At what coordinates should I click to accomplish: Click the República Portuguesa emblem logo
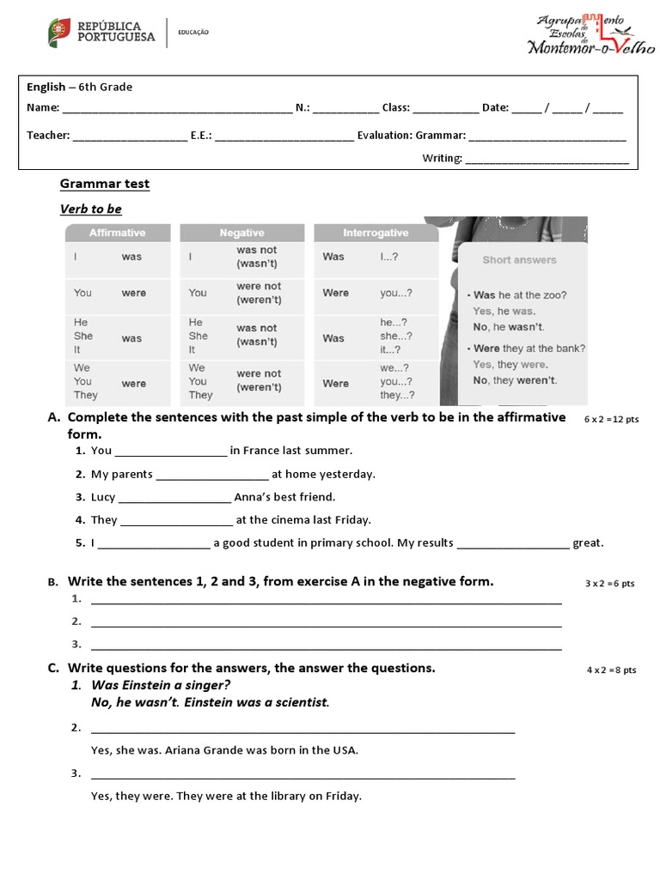click(59, 33)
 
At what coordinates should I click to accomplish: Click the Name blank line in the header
click(177, 109)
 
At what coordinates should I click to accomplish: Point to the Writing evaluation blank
click(547, 159)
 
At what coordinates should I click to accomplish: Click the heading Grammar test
click(104, 184)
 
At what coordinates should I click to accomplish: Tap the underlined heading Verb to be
click(91, 209)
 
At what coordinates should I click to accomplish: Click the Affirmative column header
click(118, 233)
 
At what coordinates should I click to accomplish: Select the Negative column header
click(242, 233)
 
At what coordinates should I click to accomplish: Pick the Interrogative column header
click(376, 233)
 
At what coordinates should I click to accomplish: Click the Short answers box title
click(519, 260)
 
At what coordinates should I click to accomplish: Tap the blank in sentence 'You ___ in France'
click(170, 452)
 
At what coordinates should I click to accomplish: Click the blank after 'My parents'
click(212, 475)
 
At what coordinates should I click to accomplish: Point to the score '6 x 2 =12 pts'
click(612, 419)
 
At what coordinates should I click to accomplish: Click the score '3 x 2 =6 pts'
click(610, 584)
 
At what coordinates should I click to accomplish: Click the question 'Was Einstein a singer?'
click(161, 685)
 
